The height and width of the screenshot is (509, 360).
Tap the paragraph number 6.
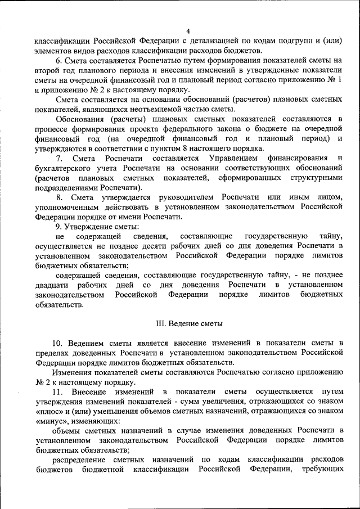(58, 60)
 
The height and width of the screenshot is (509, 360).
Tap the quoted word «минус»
(52, 420)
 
